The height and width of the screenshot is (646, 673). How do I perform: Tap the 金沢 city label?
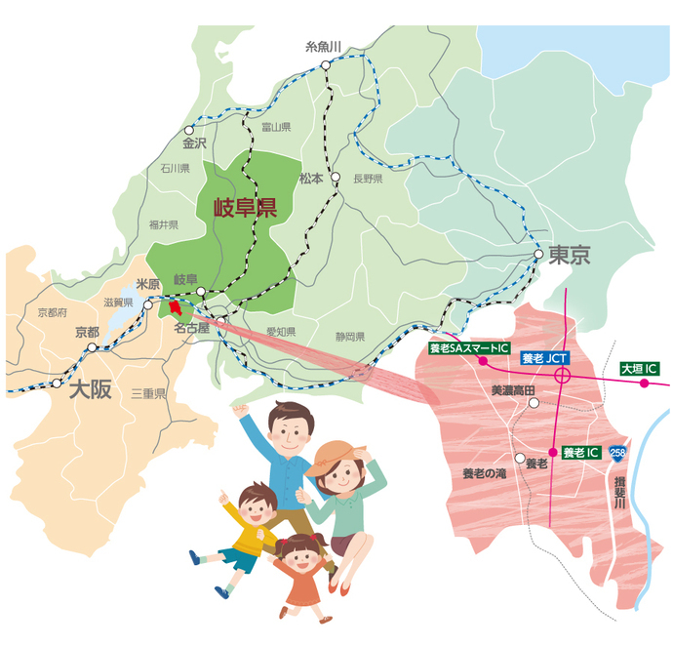[194, 142]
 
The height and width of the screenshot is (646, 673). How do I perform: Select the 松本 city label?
[312, 178]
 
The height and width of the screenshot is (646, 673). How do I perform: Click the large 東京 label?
[570, 256]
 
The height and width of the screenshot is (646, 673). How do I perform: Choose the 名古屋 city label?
[192, 329]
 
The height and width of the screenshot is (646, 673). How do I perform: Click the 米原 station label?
[148, 284]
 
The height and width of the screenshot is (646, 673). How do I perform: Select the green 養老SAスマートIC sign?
[469, 347]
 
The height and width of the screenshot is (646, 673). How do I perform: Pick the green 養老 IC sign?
[580, 452]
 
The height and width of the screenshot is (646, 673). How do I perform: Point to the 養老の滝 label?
[486, 472]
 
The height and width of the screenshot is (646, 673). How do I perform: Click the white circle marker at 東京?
[538, 255]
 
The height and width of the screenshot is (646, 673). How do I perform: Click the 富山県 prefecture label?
[277, 127]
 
